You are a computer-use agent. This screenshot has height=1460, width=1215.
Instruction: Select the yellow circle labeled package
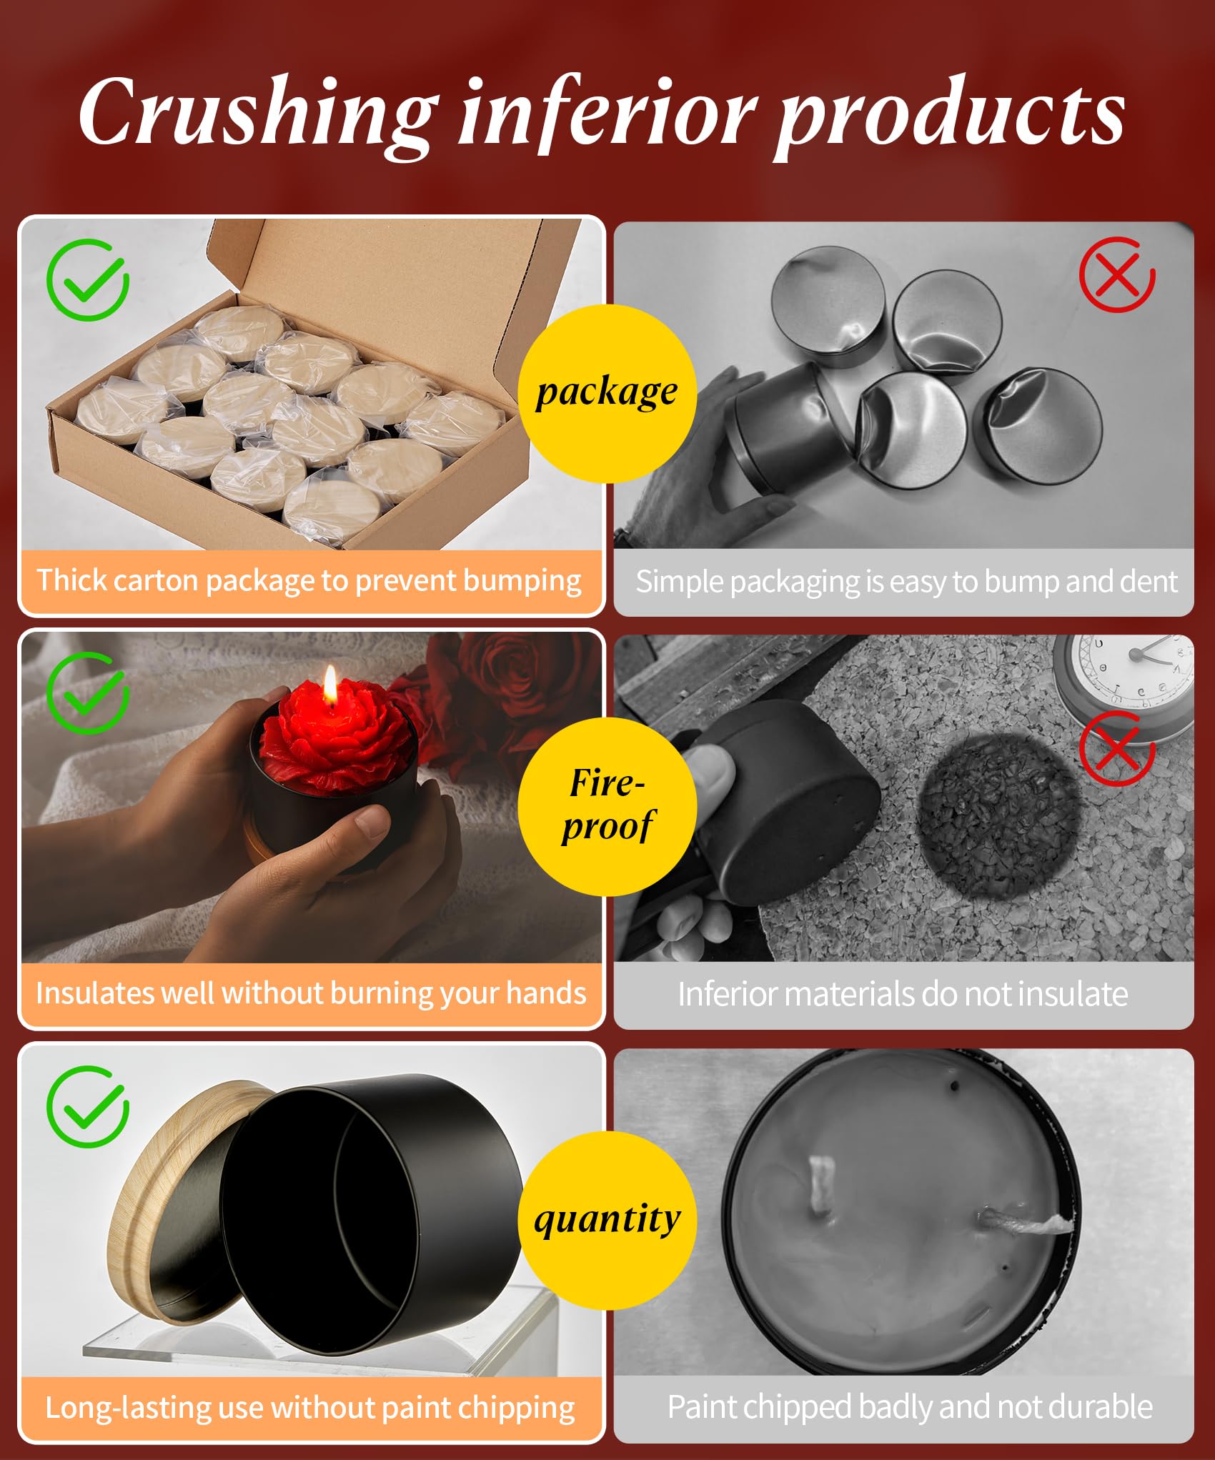pos(607,394)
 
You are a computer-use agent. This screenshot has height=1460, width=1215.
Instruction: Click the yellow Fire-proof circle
pos(607,806)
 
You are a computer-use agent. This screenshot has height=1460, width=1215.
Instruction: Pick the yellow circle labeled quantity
pos(607,1220)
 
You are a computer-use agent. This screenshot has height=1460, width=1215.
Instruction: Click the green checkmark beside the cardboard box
pos(87,280)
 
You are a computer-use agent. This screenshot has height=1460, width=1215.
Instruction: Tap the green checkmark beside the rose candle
pos(87,693)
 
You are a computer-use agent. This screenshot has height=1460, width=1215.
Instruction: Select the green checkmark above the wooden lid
pos(87,1106)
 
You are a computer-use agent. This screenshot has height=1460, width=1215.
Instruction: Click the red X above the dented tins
pos(1117,275)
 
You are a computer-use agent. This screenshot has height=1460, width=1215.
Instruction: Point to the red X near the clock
pos(1117,748)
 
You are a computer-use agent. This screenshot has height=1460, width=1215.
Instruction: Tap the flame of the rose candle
pos(329,685)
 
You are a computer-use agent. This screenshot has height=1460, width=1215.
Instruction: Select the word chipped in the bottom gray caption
pos(791,1407)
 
